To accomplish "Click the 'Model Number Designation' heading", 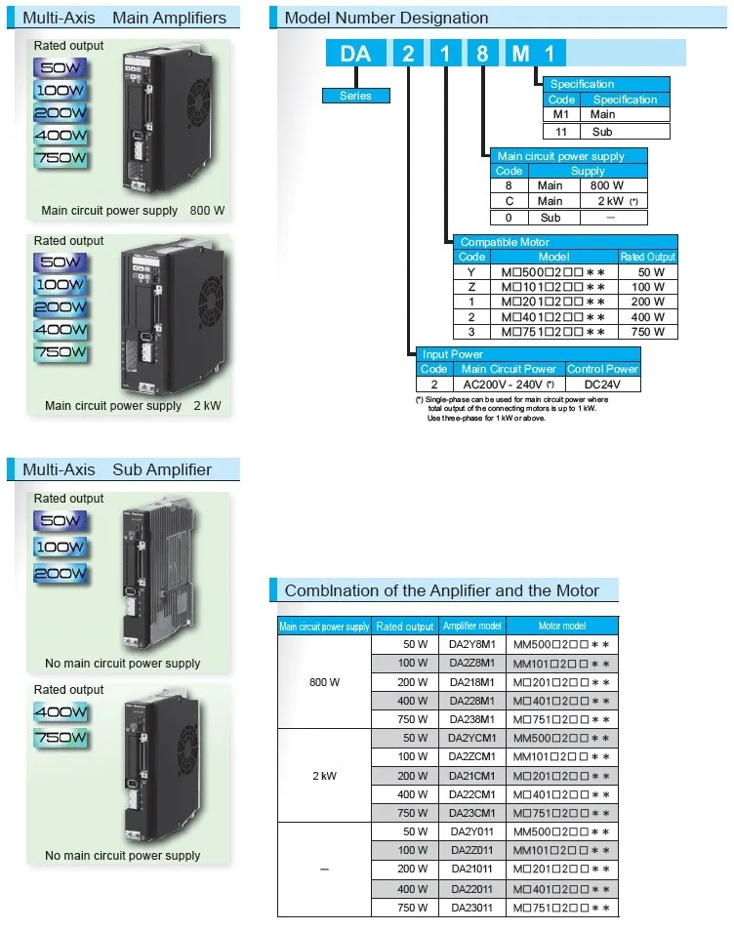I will [x=386, y=18].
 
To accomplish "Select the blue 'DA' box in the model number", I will [x=355, y=53].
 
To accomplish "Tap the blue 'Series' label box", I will [x=355, y=96].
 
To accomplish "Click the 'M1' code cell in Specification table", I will [x=561, y=115].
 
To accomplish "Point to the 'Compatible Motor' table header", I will [x=505, y=242].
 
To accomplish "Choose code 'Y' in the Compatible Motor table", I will [x=470, y=272].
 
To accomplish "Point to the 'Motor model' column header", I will [x=562, y=627].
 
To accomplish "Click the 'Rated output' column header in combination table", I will [x=405, y=627].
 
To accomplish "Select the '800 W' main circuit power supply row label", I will [x=324, y=682].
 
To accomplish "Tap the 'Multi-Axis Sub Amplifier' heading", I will [x=117, y=469].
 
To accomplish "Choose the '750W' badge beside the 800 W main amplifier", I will [x=61, y=158].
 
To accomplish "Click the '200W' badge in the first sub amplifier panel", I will [x=61, y=575].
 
